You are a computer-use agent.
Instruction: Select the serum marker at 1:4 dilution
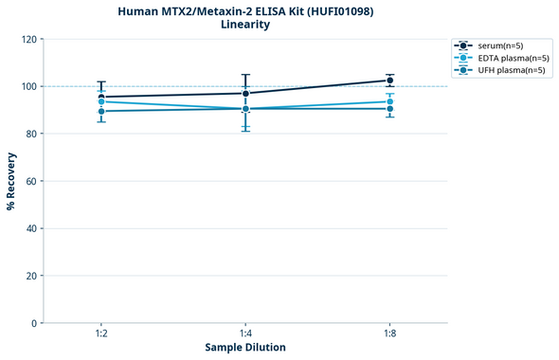coord(245,93)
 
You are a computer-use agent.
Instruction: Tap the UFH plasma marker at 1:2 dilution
coord(101,112)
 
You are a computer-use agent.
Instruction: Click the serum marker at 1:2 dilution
coord(101,97)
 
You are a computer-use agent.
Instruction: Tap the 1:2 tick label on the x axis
coord(101,334)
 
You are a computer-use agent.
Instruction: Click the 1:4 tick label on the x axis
coord(245,334)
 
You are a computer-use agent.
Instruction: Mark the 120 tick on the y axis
coord(30,40)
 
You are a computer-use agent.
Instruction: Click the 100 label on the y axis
coord(30,87)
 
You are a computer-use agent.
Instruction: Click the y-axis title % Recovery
coord(11,181)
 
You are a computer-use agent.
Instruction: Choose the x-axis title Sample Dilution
coord(245,348)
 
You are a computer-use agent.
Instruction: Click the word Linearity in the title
coord(245,25)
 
